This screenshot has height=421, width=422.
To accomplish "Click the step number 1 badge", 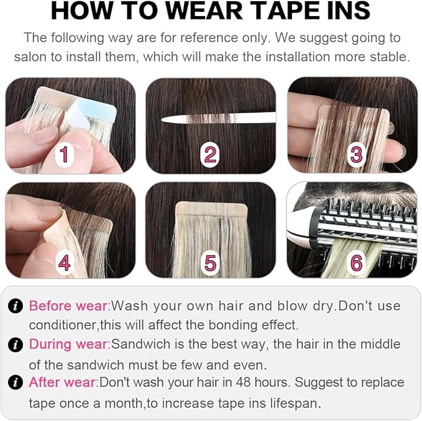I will [x=65, y=153].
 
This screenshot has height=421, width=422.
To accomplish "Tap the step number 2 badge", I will [x=211, y=153].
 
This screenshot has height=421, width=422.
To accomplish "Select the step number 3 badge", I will [x=356, y=153].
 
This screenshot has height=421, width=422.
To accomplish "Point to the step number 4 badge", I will [x=65, y=262].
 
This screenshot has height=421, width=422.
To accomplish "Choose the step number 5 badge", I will [x=211, y=262].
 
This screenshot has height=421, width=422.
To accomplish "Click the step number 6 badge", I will [x=356, y=262].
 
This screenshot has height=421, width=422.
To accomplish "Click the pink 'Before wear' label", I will [x=68, y=306].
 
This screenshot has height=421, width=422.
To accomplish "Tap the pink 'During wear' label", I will [x=68, y=344].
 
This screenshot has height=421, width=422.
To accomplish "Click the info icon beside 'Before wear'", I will [x=16, y=306].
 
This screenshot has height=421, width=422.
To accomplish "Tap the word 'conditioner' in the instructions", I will [x=63, y=325].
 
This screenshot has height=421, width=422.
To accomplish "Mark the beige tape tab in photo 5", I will [x=211, y=211].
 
